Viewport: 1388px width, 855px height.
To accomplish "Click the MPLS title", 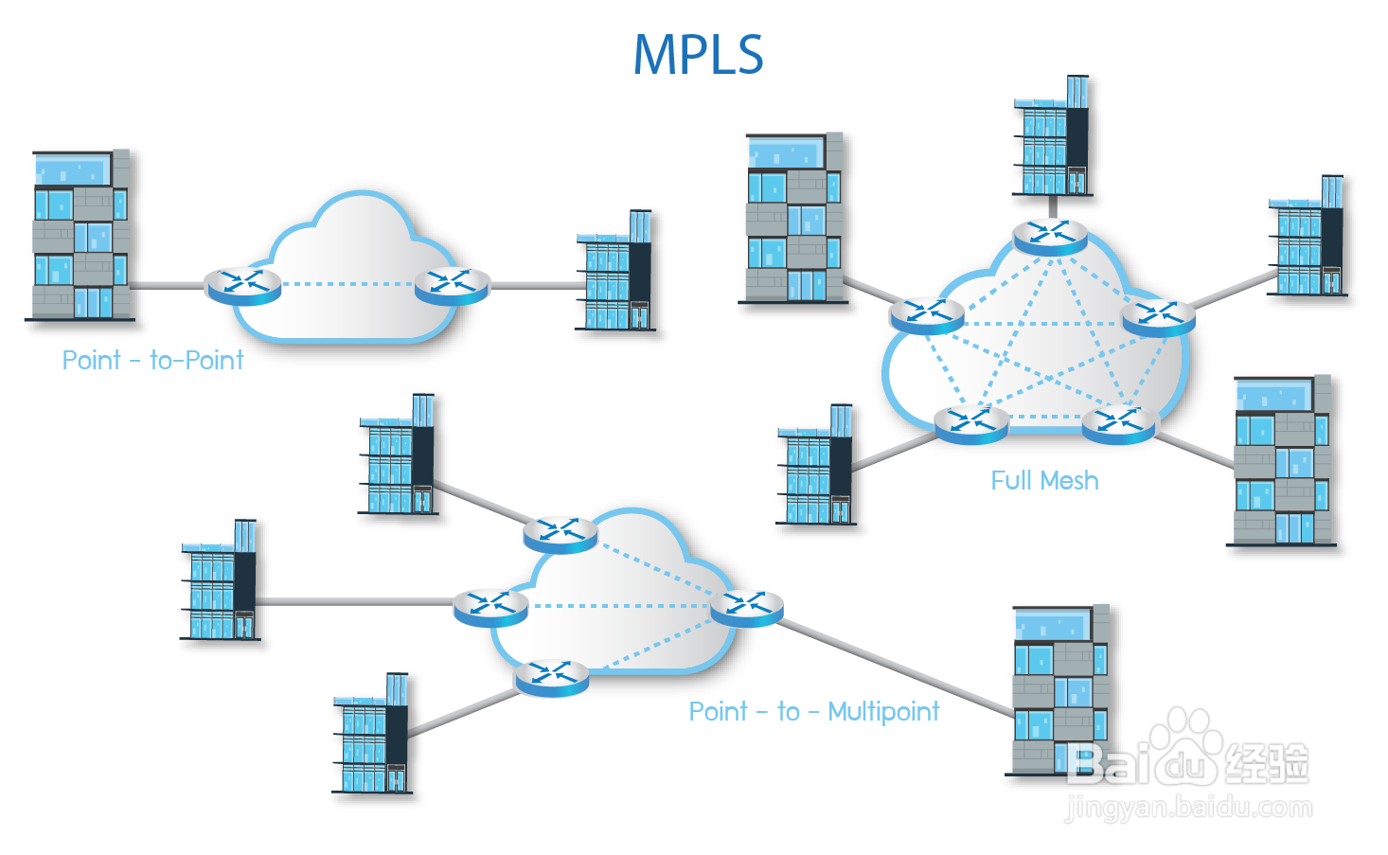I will tap(698, 54).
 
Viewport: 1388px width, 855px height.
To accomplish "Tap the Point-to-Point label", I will tap(151, 361).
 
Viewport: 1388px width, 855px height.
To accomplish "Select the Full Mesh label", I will tap(1044, 481).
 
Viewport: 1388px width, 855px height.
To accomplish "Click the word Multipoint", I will tap(883, 712).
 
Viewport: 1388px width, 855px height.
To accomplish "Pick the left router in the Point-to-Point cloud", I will tap(243, 284).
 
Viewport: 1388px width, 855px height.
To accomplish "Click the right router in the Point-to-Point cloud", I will tap(453, 284).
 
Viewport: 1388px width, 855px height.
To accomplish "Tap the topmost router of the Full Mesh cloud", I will tap(1050, 234).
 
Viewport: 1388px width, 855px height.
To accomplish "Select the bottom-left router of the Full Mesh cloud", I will tap(971, 422).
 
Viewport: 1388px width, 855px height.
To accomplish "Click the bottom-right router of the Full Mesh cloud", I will tap(1119, 423).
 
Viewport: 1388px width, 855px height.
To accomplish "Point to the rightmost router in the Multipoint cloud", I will tap(747, 606).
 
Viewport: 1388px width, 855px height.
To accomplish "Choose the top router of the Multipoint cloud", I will tap(561, 533).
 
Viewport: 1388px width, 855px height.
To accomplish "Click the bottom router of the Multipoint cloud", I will tap(551, 677).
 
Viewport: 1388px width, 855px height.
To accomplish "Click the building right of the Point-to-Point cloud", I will tap(617, 275).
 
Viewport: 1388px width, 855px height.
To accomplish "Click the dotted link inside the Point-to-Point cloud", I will tap(347, 284).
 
